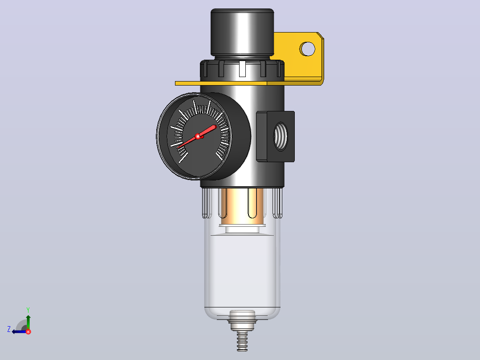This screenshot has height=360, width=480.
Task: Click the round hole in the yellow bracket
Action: click(307, 49)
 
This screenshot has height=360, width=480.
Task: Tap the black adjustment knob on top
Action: click(242, 32)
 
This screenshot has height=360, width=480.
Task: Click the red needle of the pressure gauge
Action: click(197, 136)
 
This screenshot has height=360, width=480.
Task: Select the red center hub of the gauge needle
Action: click(198, 136)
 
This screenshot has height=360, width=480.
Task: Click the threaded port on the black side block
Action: click(281, 136)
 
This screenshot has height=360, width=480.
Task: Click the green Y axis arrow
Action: click(28, 322)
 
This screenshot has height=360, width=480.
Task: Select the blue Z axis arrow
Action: click(20, 331)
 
